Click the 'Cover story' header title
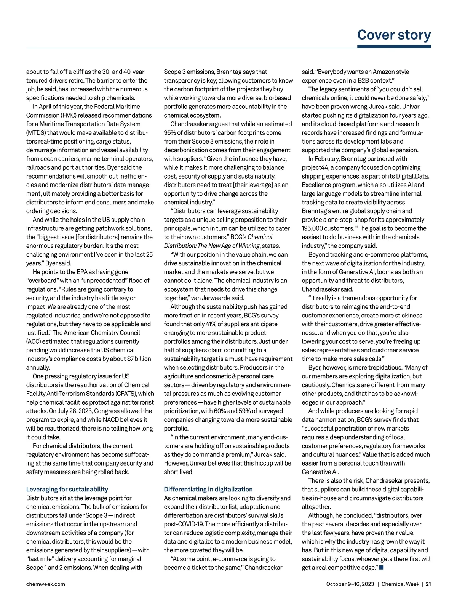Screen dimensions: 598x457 [x=394, y=35]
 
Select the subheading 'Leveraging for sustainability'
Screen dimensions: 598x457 [x=67, y=489]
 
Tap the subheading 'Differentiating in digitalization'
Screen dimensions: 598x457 [x=208, y=489]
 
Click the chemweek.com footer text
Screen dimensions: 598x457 [x=45, y=584]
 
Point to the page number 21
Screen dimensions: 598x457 [x=428, y=584]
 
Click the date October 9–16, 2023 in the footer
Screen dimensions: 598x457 [x=350, y=584]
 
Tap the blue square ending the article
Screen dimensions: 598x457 [x=382, y=568]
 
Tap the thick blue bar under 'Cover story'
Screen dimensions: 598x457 [x=394, y=46]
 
